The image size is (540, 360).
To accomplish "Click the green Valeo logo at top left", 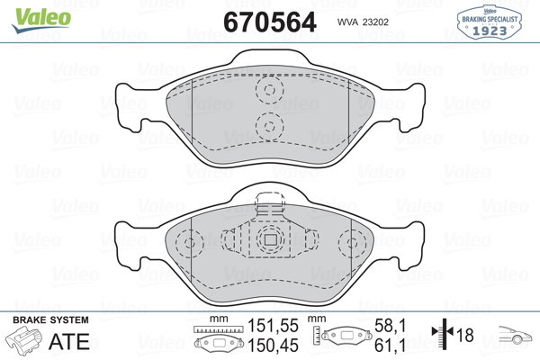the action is pos(41,20).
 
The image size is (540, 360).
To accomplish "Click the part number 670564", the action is pos(270,22).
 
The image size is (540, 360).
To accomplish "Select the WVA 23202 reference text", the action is pos(363,22).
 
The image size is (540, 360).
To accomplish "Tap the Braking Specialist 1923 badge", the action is pos(489,22).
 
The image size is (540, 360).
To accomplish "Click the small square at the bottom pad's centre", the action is pos(270,239).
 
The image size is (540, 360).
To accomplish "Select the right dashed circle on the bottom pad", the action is pos(352,243).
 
